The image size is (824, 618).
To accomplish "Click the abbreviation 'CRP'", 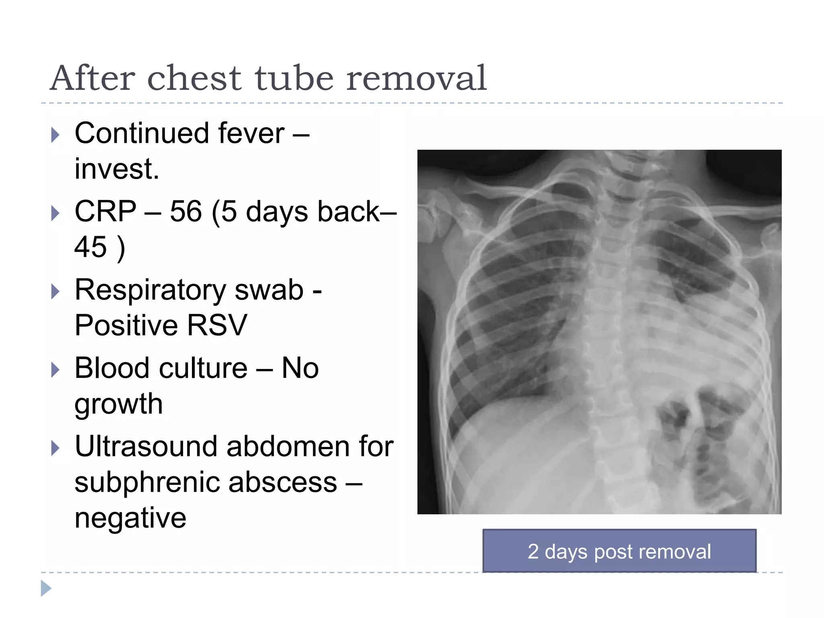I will [105, 211].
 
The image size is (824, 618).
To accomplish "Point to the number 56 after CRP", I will [185, 211].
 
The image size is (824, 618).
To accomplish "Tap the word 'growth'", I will [119, 404].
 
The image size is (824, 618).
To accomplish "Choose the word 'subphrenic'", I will [145, 482].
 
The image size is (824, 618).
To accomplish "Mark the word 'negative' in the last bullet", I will [130, 517].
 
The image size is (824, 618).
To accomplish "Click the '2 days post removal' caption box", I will [619, 551].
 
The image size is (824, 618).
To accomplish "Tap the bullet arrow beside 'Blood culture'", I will [56, 369].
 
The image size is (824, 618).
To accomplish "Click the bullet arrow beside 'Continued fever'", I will [56, 135].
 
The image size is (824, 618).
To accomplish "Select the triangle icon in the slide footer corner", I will [46, 588].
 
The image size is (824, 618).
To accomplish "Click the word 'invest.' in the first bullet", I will [117, 169].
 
